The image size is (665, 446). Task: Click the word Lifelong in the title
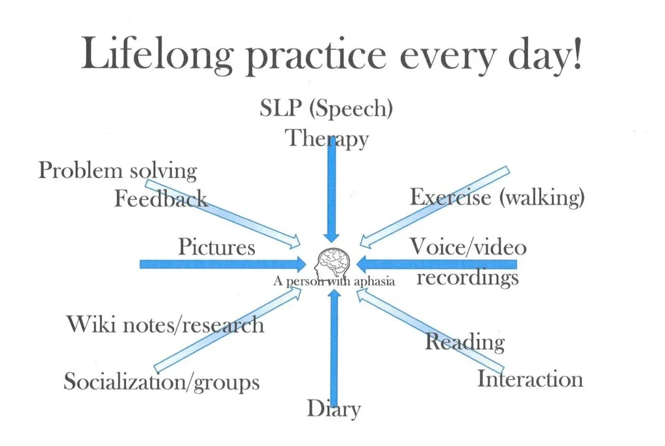tap(157, 54)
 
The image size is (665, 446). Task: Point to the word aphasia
tap(374, 281)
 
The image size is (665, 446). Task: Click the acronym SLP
tap(281, 108)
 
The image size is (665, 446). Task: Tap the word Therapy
tap(327, 139)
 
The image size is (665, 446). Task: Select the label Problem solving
tap(118, 171)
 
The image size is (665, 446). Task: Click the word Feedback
tap(161, 199)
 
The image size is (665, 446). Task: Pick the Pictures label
tap(216, 247)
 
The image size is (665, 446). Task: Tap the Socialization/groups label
tap(162, 382)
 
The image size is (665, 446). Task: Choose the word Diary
tap(334, 410)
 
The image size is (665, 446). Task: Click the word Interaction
tap(530, 379)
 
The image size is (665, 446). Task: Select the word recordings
tap(468, 279)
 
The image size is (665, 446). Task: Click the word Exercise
tap(451, 197)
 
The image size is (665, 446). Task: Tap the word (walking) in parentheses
tap(542, 197)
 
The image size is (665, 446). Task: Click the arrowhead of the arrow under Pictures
tap(301, 264)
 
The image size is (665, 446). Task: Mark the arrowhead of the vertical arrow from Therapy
tap(331, 238)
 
